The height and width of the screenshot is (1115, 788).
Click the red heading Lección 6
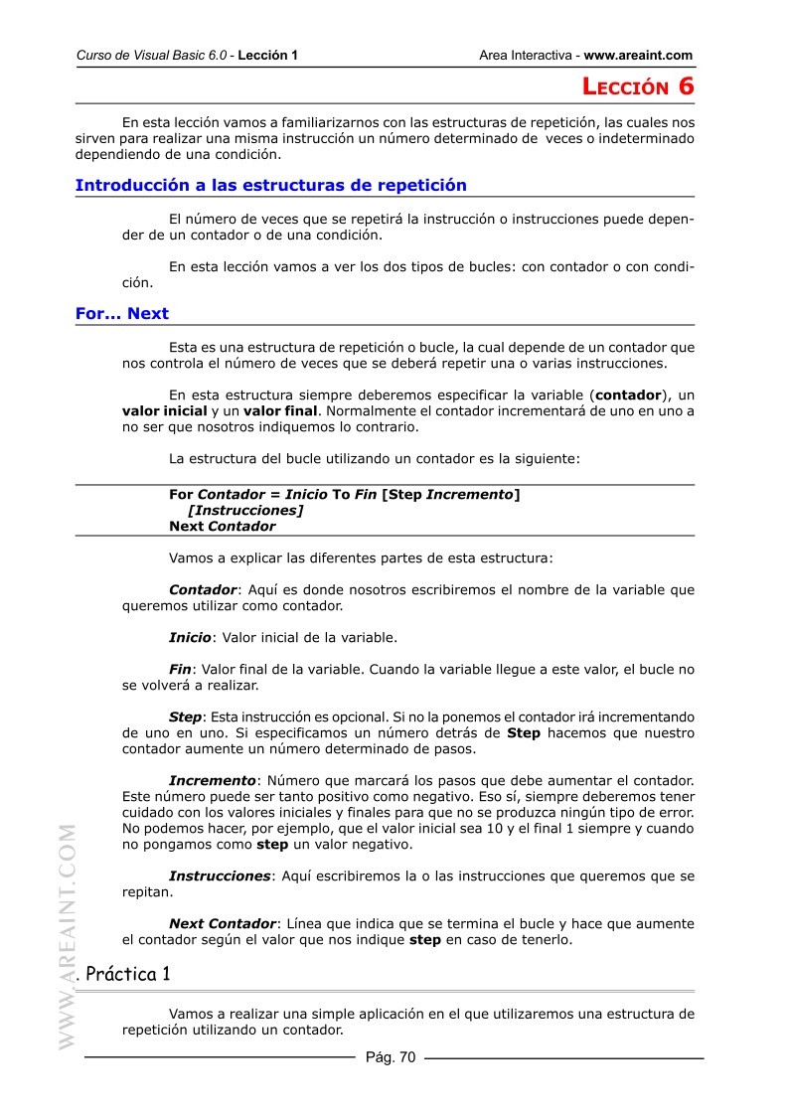pyautogui.click(x=637, y=86)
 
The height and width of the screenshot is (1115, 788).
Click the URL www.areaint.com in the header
pyautogui.click(x=638, y=56)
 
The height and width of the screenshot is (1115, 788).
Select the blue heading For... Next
pyautogui.click(x=122, y=313)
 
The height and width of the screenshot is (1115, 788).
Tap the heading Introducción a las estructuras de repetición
pyautogui.click(x=270, y=185)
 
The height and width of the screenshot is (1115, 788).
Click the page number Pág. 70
pyautogui.click(x=391, y=1057)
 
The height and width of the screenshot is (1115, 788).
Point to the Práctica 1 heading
pyautogui.click(x=128, y=974)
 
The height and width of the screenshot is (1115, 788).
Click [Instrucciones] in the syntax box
pyautogui.click(x=245, y=510)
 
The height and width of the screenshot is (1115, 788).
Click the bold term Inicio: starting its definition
pyautogui.click(x=190, y=637)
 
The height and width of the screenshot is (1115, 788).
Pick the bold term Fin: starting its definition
pyautogui.click(x=180, y=669)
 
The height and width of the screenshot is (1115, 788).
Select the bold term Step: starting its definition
pyautogui.click(x=186, y=717)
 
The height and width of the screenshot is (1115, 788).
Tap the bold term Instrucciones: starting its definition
pyautogui.click(x=220, y=876)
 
